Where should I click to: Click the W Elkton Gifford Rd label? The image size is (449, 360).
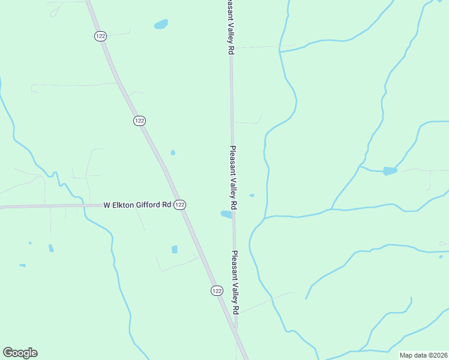(137, 205)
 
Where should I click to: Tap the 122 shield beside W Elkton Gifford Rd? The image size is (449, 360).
(180, 205)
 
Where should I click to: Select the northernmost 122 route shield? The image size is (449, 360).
(100, 36)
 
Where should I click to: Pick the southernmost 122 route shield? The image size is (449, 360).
(217, 290)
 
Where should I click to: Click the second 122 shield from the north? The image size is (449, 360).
(139, 121)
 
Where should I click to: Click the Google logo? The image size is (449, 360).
(20, 353)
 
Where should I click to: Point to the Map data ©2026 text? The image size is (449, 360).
(423, 355)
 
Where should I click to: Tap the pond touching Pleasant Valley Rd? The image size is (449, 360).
(226, 214)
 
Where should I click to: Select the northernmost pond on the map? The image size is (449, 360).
(161, 25)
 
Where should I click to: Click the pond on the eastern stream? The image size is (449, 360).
(390, 171)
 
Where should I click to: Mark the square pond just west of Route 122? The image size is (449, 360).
(175, 249)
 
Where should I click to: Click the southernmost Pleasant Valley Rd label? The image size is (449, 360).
(236, 281)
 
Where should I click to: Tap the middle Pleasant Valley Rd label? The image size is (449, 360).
(233, 177)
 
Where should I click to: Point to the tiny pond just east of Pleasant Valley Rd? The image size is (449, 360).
(252, 195)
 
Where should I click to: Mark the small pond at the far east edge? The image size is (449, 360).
(441, 257)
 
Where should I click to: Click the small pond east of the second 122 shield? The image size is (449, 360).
(173, 152)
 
